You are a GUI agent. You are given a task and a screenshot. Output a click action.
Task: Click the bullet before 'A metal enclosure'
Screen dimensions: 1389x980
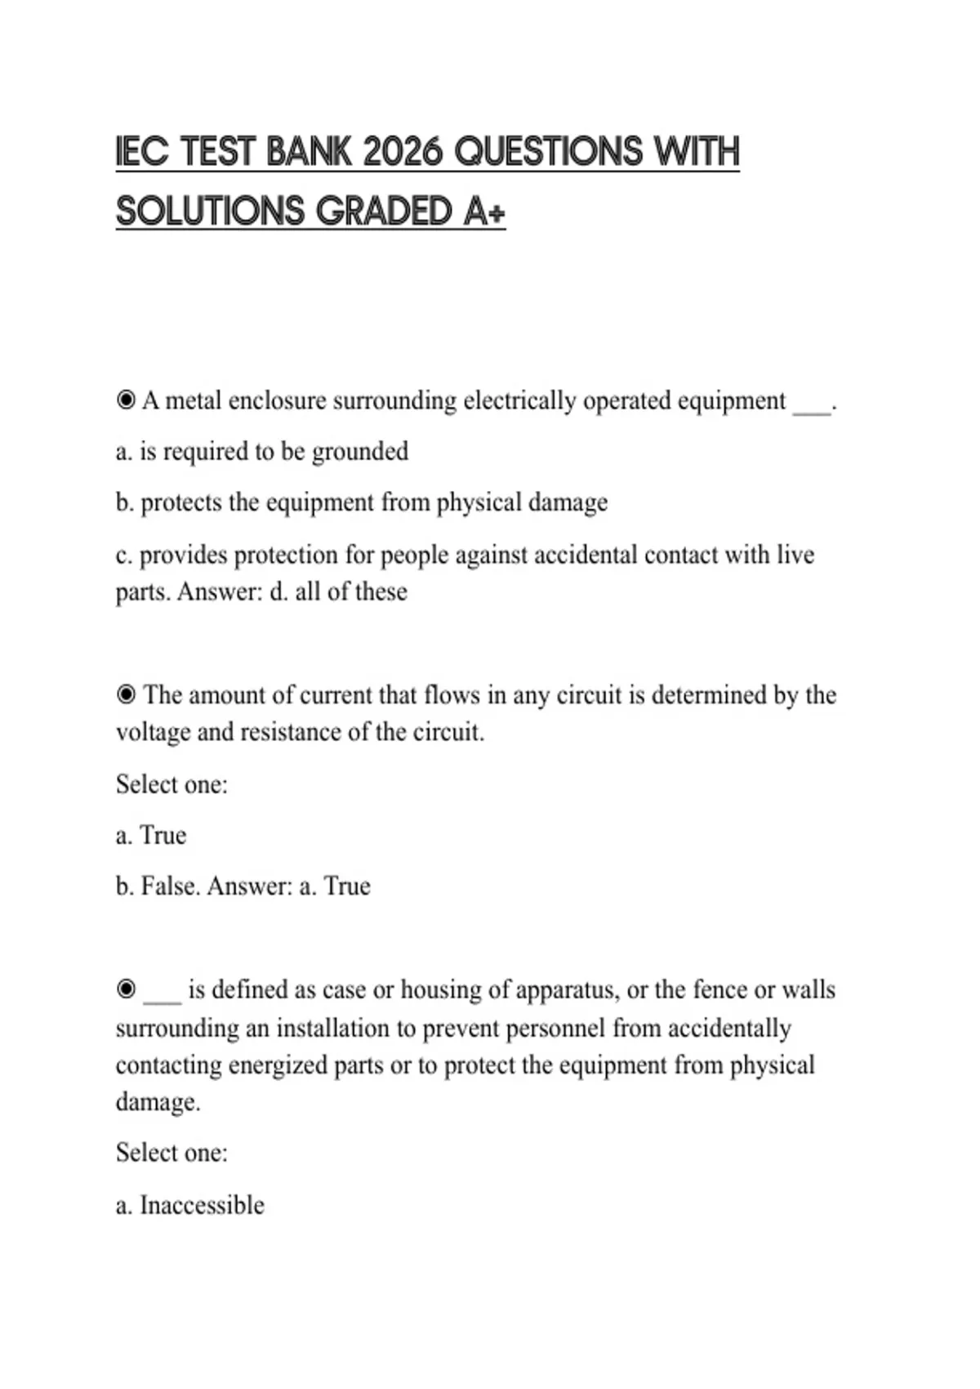click(x=126, y=400)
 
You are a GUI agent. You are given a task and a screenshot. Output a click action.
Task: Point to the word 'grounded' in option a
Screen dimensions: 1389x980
click(x=360, y=451)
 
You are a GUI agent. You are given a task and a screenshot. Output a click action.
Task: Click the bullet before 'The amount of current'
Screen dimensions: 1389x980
click(x=126, y=694)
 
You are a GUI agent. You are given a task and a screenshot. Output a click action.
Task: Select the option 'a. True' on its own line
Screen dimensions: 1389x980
click(x=151, y=835)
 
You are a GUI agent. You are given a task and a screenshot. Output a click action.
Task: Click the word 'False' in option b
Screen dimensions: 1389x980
click(x=170, y=886)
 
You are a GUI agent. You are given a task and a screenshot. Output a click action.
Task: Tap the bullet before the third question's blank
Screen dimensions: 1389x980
click(x=126, y=989)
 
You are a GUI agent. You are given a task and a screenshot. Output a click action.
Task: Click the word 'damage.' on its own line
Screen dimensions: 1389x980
click(x=158, y=1101)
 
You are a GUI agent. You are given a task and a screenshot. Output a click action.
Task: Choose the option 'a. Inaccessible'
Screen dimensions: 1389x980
click(x=190, y=1205)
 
